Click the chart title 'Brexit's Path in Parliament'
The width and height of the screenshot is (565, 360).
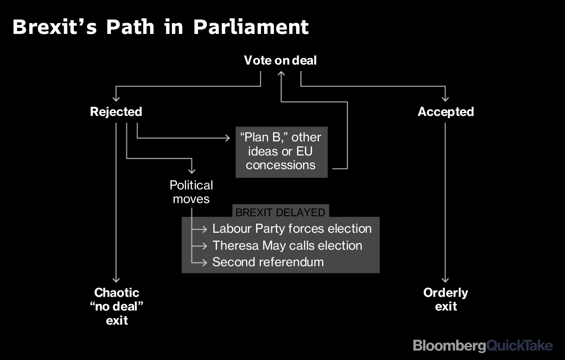[x=161, y=27]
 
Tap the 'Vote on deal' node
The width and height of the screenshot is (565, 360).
[x=280, y=60]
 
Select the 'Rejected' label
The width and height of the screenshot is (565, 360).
[x=116, y=112]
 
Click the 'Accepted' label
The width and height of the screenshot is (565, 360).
[x=445, y=112]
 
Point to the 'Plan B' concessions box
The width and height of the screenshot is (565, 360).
[x=281, y=151]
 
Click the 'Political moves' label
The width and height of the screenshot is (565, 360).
[x=191, y=192]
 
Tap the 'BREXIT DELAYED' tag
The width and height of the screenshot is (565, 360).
[x=280, y=212]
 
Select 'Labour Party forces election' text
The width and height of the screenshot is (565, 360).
[x=292, y=229]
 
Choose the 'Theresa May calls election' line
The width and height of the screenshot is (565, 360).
[x=287, y=245]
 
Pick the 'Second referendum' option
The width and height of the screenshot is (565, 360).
[x=268, y=262]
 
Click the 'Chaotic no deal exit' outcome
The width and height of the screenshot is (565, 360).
[x=117, y=306]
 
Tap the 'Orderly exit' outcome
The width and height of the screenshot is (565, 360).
[x=445, y=299]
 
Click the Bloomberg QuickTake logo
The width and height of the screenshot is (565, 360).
[x=483, y=345]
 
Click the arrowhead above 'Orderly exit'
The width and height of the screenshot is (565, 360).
[x=445, y=281]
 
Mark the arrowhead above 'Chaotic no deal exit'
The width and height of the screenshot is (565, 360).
[x=116, y=281]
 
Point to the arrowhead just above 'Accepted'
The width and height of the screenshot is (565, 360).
[x=445, y=99]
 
